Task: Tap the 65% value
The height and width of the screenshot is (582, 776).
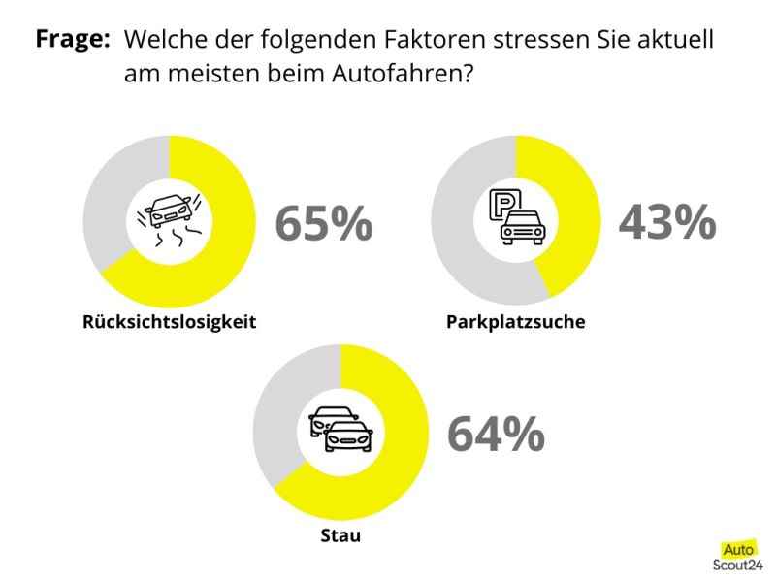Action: [323, 223]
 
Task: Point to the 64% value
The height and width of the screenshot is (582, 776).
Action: [495, 435]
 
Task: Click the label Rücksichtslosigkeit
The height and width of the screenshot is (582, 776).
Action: [170, 322]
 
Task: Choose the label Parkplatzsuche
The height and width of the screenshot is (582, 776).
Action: [515, 322]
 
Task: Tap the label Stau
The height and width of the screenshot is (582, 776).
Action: [339, 535]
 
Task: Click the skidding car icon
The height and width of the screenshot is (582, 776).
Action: [170, 219]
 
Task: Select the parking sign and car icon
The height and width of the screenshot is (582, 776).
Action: [515, 217]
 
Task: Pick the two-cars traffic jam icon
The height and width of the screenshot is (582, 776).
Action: [340, 429]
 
